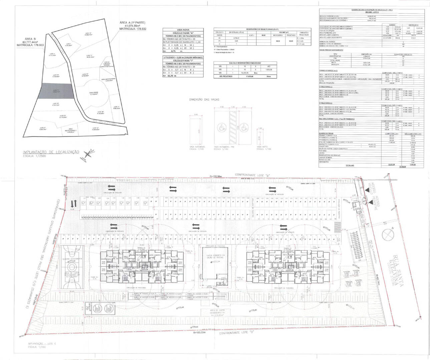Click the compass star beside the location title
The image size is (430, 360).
click(88, 154)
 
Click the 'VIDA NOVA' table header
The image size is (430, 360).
click(182, 30)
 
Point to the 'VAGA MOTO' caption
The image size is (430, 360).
click(262, 146)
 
